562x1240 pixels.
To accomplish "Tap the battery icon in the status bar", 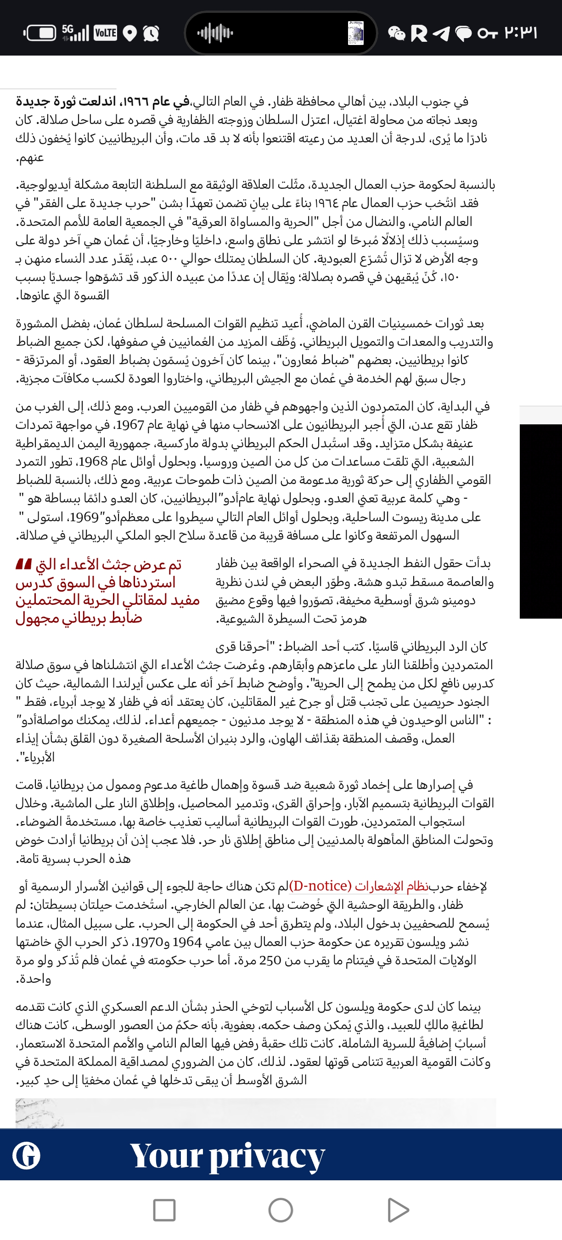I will coord(39,33).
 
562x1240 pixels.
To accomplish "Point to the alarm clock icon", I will coord(151,33).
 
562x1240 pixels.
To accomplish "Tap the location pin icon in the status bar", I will coord(129,33).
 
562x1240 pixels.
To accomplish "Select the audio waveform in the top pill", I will coord(215,33).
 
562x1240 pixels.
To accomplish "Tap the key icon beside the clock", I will coord(488,33).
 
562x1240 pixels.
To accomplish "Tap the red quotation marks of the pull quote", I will coord(23,564).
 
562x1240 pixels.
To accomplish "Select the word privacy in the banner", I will coord(267,1156).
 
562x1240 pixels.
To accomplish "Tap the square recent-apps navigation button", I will coord(164,1210).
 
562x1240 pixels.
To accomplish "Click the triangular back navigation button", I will coord(398,1210).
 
